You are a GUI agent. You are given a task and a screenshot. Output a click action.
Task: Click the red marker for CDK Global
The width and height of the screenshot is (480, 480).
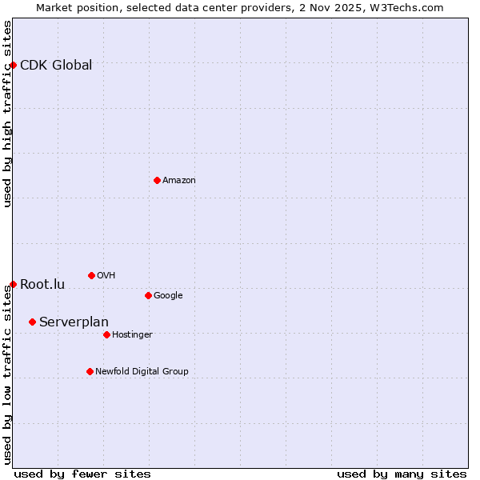pyautogui.click(x=14, y=65)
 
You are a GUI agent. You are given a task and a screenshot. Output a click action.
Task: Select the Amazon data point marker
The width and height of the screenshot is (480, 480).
pyautogui.click(x=157, y=180)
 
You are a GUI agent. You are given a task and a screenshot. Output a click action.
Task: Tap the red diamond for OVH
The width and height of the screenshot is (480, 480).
pyautogui.click(x=91, y=275)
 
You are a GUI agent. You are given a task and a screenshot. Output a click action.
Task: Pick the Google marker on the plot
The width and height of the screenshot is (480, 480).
pyautogui.click(x=148, y=295)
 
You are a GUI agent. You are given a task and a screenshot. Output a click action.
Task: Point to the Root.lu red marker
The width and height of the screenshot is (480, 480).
pyautogui.click(x=14, y=284)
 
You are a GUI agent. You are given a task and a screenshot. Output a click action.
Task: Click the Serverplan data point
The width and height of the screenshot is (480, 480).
pyautogui.click(x=32, y=322)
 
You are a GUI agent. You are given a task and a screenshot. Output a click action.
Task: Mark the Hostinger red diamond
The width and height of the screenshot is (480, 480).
pyautogui.click(x=106, y=334)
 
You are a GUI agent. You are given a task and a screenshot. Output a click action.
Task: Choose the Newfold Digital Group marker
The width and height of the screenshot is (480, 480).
pyautogui.click(x=90, y=371)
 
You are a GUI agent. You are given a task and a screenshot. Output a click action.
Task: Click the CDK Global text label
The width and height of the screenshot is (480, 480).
pyautogui.click(x=56, y=66)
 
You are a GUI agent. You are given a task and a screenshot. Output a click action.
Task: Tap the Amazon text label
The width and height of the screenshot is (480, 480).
pyautogui.click(x=179, y=181)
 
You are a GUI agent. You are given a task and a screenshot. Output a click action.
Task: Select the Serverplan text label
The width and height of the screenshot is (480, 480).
pyautogui.click(x=74, y=322)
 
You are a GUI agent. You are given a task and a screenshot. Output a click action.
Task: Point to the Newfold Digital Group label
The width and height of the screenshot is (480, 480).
pyautogui.click(x=142, y=371)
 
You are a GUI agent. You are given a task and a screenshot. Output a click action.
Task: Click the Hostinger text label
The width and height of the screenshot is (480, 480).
pyautogui.click(x=132, y=335)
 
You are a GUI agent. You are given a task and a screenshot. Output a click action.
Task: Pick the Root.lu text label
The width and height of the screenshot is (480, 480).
pyautogui.click(x=42, y=285)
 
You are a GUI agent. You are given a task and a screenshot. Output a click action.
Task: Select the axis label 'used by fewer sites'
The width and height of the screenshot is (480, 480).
pyautogui.click(x=82, y=474)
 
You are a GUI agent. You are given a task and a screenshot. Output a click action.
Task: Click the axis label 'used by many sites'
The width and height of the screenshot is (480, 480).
pyautogui.click(x=402, y=474)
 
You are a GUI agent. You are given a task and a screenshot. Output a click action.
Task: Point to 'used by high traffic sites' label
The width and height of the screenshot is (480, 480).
pyautogui.click(x=8, y=114)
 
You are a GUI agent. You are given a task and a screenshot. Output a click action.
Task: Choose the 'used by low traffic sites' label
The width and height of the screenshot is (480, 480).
pyautogui.click(x=8, y=374)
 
